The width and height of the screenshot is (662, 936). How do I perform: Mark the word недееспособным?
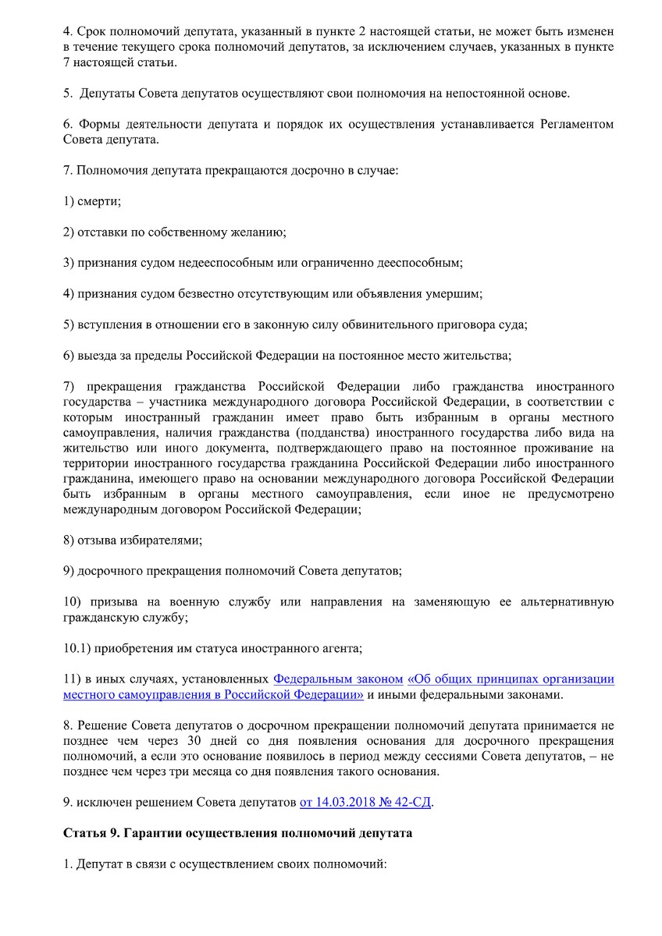click(239, 263)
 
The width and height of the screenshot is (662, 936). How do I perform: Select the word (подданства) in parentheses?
click(338, 432)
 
